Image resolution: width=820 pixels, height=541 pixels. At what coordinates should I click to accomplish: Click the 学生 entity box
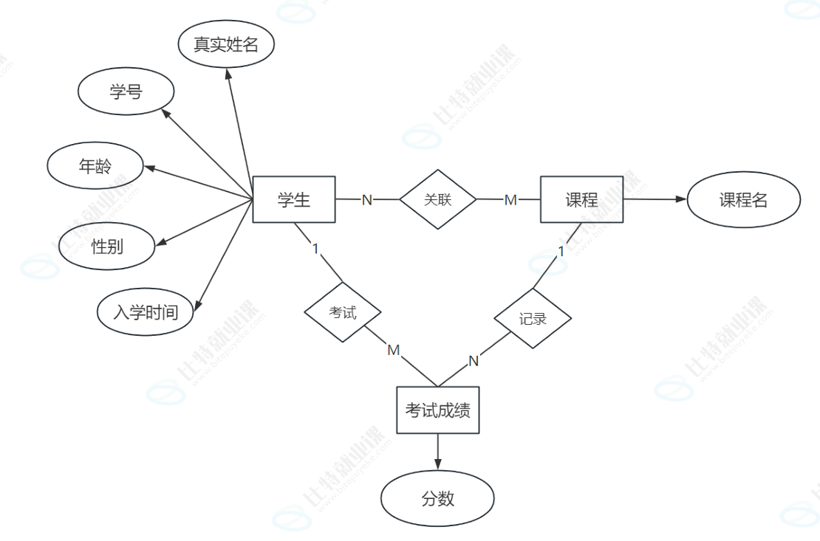click(294, 199)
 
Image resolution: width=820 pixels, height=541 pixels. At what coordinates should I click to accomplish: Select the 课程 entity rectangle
click(581, 199)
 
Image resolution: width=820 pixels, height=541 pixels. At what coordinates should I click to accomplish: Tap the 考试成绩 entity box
click(438, 410)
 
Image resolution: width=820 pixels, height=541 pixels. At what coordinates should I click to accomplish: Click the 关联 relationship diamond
click(438, 199)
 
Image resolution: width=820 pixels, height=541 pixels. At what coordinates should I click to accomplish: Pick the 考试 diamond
click(343, 312)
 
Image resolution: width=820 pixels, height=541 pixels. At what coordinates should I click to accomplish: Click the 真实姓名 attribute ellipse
click(226, 45)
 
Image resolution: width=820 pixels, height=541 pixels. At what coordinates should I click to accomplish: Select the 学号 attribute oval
click(126, 93)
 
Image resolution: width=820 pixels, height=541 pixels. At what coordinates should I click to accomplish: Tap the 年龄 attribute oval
click(95, 167)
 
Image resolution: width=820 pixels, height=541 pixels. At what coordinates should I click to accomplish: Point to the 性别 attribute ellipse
click(107, 247)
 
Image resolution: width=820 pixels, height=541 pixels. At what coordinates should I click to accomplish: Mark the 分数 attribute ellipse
click(438, 499)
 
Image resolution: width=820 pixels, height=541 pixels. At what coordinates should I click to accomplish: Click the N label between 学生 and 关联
click(367, 200)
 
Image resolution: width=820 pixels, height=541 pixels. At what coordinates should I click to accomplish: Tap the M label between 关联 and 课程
click(510, 200)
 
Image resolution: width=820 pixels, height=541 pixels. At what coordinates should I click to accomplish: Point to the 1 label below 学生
click(315, 248)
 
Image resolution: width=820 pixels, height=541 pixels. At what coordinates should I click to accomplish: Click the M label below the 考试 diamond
click(394, 350)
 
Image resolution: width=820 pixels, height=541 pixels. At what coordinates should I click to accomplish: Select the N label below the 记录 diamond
click(474, 361)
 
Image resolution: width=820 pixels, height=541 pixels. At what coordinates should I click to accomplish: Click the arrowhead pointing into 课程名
click(681, 199)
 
